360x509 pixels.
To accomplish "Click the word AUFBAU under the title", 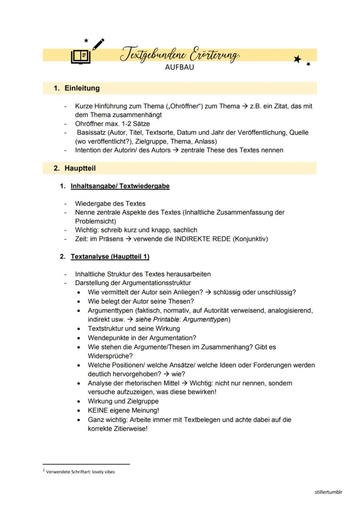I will click(x=180, y=67).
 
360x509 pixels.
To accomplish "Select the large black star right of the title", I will click(x=297, y=59).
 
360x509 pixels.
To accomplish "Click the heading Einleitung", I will click(x=82, y=88).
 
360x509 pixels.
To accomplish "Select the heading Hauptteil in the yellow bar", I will click(x=80, y=168).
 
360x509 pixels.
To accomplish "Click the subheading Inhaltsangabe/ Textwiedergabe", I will click(x=120, y=186).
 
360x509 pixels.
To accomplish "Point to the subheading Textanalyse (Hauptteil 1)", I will click(x=110, y=256).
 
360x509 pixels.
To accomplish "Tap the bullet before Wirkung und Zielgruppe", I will click(x=79, y=401).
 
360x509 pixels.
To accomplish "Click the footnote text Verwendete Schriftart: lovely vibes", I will click(x=80, y=472).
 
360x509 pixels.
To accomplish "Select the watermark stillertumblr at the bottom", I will click(x=329, y=492).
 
